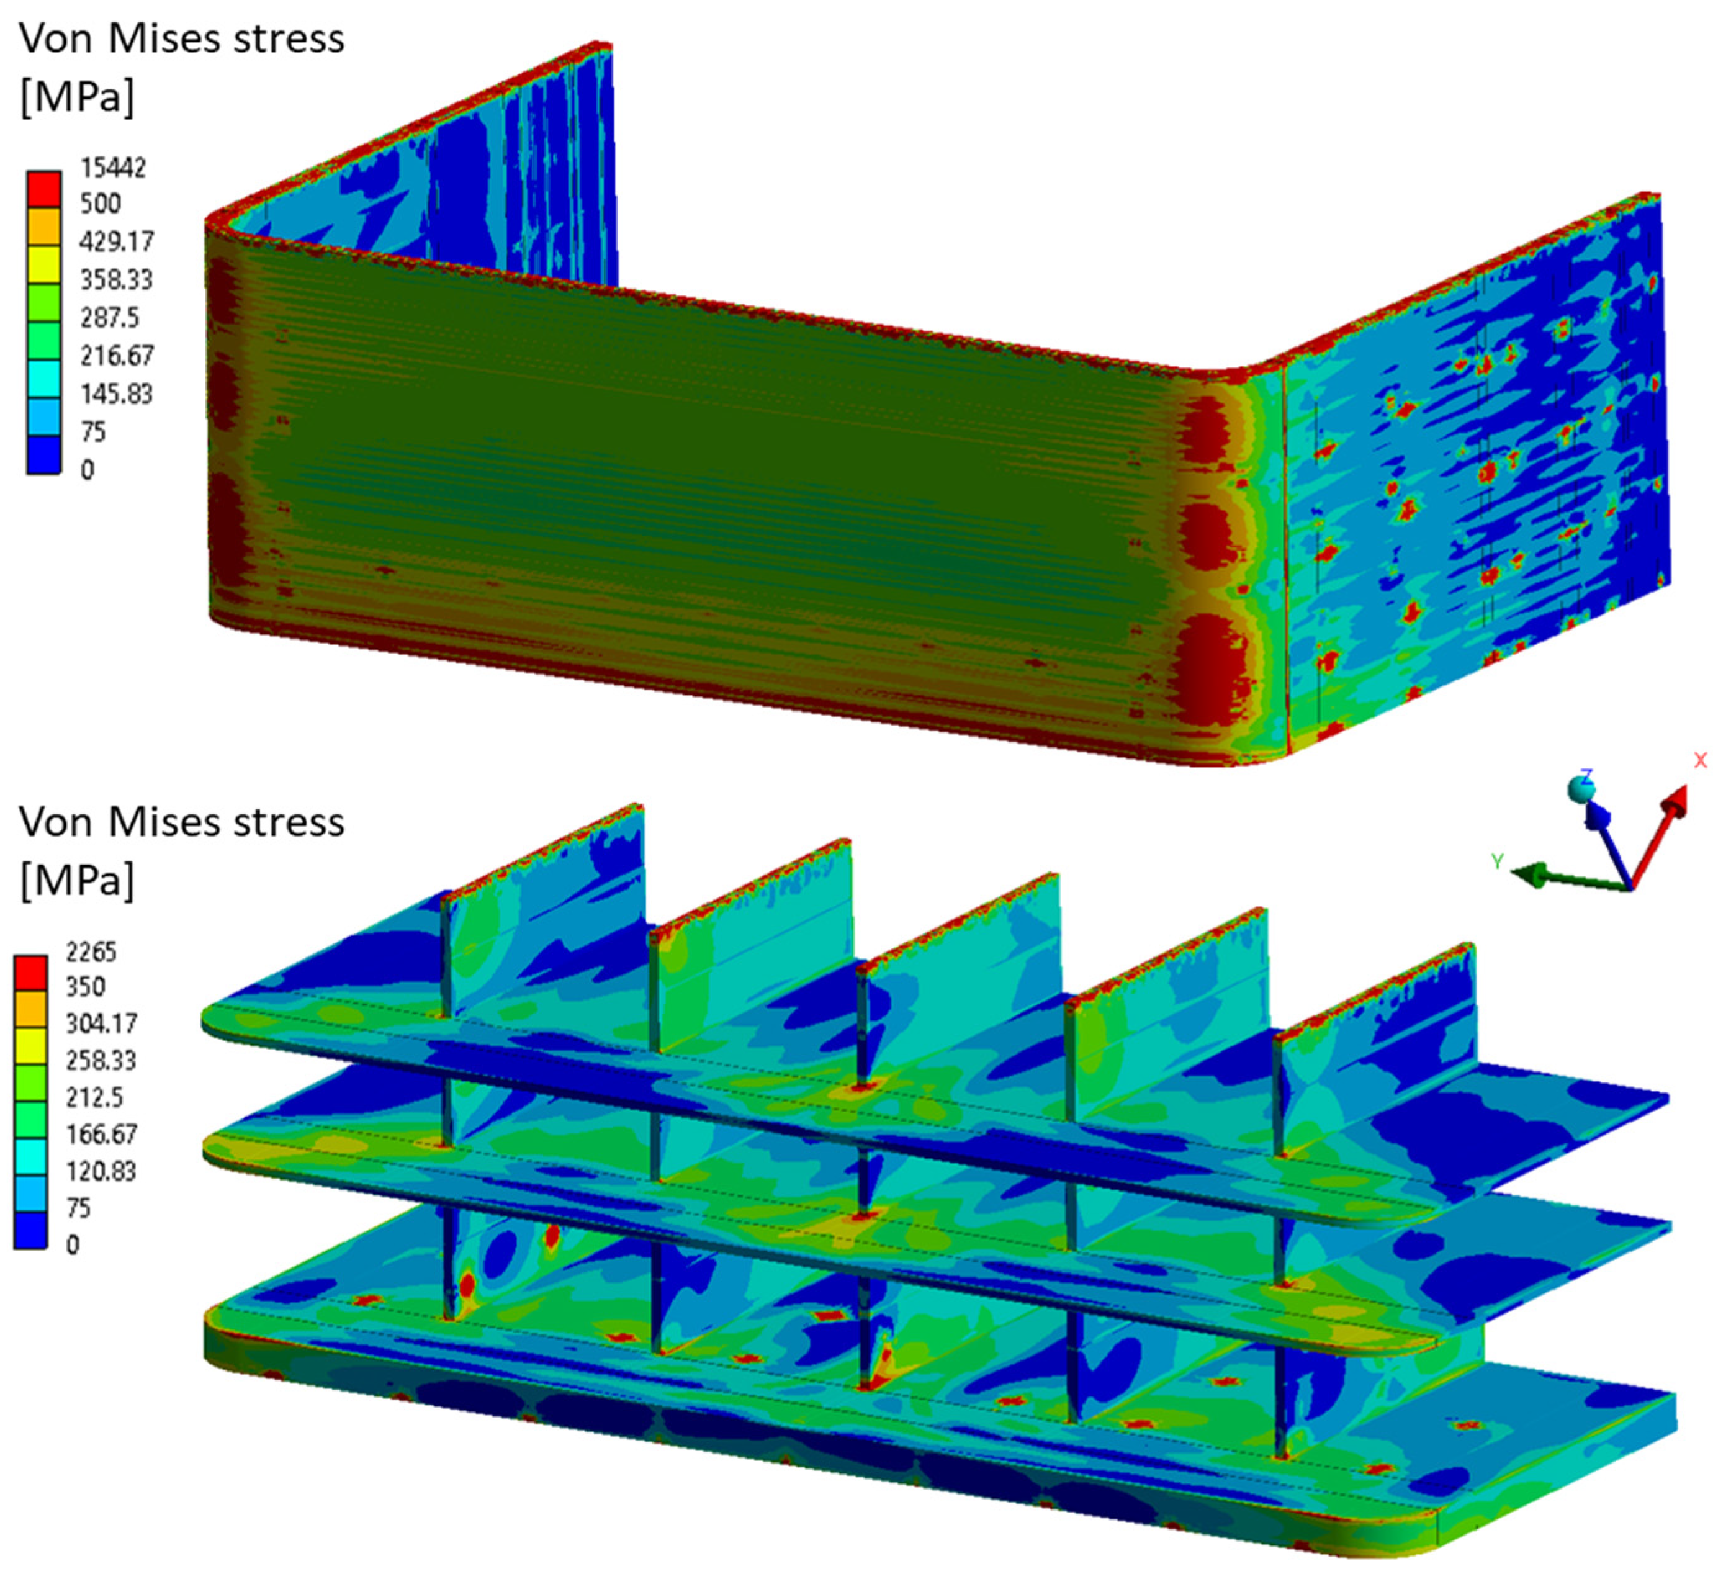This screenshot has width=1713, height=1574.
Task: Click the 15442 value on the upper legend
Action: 114,168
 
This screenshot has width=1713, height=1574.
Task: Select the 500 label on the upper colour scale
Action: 101,204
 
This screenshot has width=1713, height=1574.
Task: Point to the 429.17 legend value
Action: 117,242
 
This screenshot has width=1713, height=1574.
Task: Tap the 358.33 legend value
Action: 117,279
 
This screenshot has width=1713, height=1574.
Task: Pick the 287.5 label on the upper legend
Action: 109,318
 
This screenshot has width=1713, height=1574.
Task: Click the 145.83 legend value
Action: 117,394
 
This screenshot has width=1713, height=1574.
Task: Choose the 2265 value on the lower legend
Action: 91,951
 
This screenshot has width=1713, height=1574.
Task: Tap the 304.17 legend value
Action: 101,1023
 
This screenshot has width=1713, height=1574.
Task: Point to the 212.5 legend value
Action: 94,1097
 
